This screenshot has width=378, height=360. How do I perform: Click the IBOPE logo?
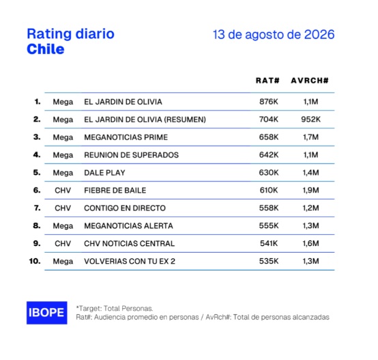pos(47,313)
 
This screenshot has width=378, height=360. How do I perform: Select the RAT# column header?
pos(267,81)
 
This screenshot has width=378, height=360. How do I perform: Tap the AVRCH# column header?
pos(310,81)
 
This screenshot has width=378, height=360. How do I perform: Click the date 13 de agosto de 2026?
pos(274,35)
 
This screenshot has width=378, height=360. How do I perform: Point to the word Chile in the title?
pos(46,49)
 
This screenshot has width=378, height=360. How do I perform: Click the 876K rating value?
pos(269,102)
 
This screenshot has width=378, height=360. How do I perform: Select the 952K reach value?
pos(310,120)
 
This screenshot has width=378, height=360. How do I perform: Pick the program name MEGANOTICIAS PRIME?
pos(126,137)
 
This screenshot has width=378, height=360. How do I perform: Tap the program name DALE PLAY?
pos(104,173)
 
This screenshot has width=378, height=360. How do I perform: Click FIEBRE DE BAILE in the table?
pos(115,191)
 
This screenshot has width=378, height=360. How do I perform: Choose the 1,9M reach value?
pos(310,191)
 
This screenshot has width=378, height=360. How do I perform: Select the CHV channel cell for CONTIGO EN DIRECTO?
pos(63,208)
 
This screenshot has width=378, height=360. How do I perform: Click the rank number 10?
pos(35,261)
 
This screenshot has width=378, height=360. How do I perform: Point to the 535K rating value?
pos(269,261)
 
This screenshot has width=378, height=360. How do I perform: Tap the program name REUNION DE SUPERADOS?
pos(132,155)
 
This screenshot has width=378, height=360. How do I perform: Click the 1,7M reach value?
pos(310,137)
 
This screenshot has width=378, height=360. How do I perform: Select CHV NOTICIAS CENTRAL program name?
pos(129,243)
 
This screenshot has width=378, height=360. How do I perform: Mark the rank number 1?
pos(38,102)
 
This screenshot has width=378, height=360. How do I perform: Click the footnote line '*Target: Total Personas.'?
pos(115,308)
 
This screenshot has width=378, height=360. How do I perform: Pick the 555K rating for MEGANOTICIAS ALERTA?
pos(269,226)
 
